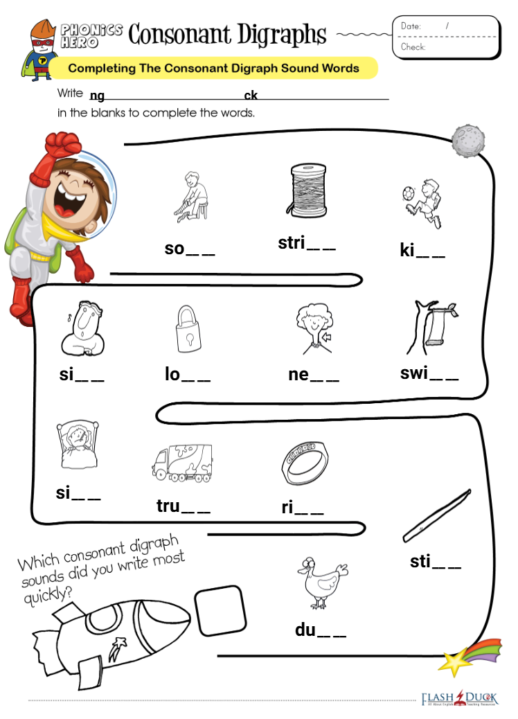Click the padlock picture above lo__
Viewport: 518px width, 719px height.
tap(188, 328)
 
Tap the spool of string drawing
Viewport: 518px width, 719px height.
tap(307, 190)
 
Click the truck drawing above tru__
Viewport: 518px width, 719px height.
tap(182, 463)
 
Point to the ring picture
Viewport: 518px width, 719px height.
tap(305, 463)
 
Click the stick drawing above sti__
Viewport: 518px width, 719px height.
tap(437, 516)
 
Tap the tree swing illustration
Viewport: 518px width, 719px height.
tap(431, 328)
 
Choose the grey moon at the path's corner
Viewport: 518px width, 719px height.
tap(467, 141)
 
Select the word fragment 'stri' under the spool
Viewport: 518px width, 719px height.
tap(292, 242)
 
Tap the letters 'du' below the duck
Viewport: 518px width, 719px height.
tap(305, 630)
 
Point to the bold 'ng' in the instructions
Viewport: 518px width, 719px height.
tap(97, 96)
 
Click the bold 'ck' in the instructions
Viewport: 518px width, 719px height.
tap(251, 95)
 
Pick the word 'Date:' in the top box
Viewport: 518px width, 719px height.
tap(411, 26)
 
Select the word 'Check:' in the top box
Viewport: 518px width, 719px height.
tap(413, 47)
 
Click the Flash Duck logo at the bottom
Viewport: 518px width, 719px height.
tap(459, 698)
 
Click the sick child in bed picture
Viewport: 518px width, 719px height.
tap(78, 444)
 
